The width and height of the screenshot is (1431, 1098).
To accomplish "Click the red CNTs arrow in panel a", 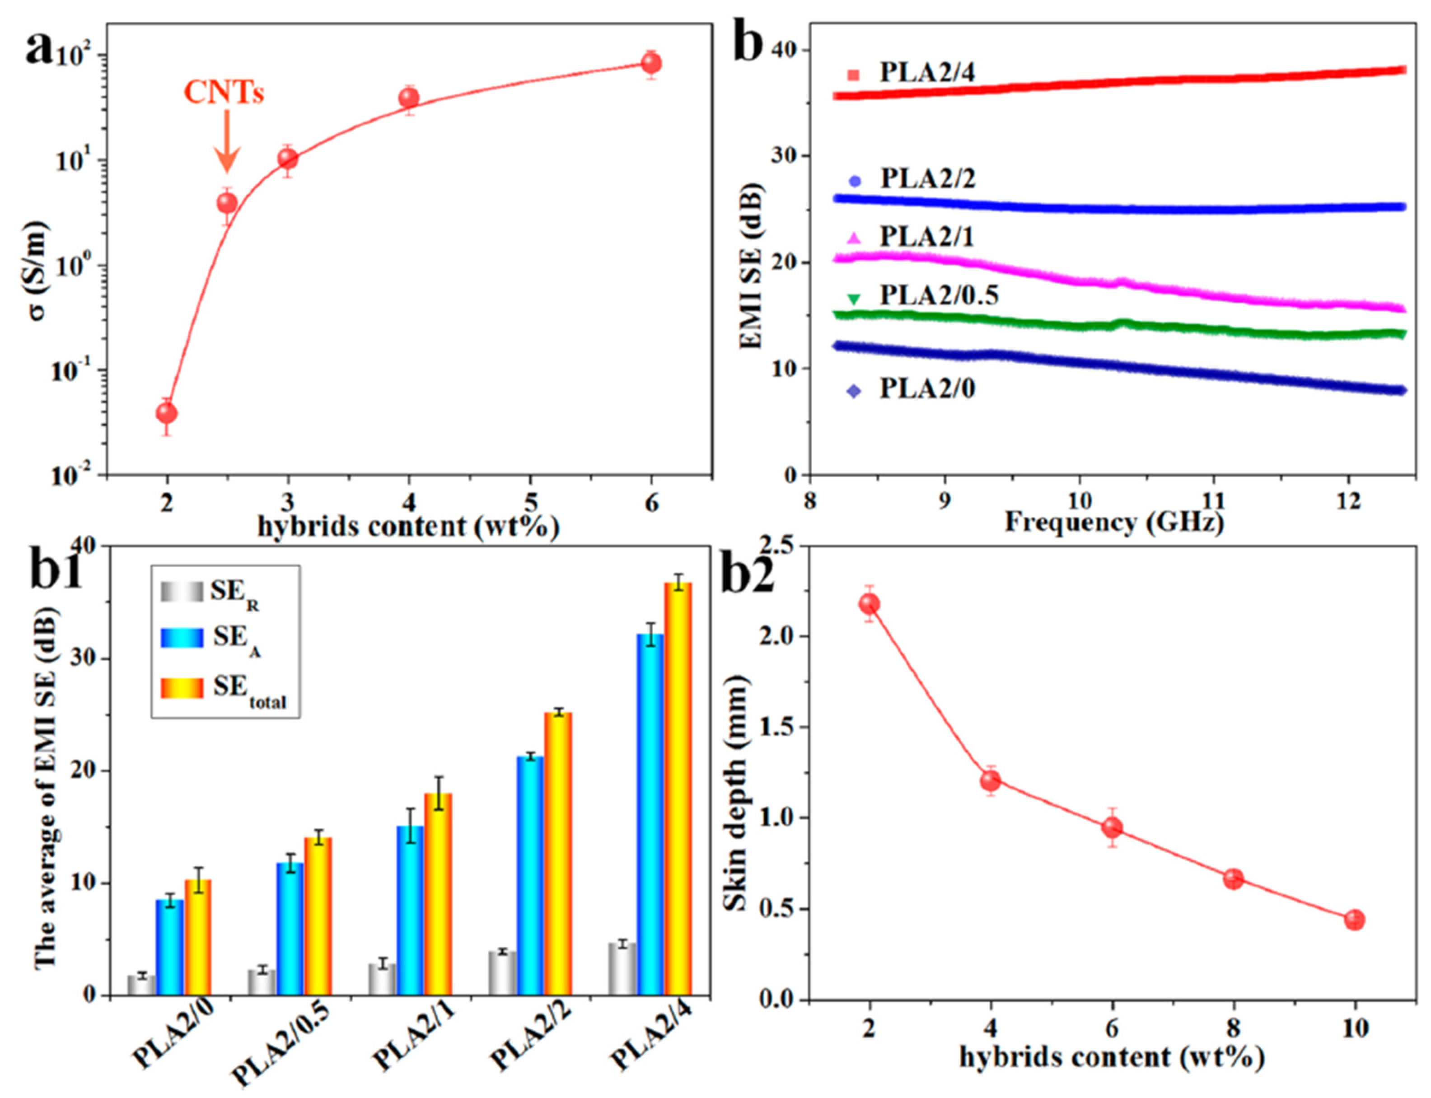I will point(227,140).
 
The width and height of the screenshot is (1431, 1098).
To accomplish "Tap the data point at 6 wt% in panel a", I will point(651,63).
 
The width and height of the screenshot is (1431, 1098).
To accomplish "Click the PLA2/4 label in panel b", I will point(926,73).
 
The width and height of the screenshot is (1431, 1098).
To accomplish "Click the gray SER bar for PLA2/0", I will point(141,985).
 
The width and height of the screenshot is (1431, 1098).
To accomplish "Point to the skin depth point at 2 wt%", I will point(869,603).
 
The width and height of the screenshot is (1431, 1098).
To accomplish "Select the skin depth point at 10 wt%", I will point(1355,920).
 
